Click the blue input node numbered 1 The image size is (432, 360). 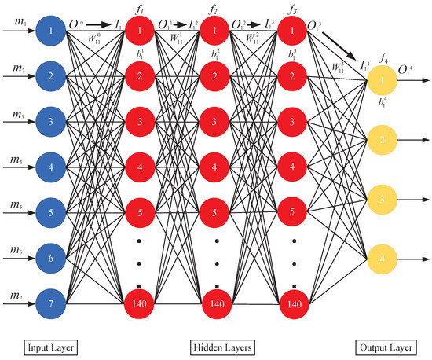coord(50,32)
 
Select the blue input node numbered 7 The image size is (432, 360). coord(50,302)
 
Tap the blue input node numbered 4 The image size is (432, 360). coord(50,167)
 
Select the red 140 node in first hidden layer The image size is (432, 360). coord(138,302)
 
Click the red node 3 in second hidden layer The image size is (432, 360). coord(216,122)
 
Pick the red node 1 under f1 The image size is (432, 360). coord(138,32)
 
